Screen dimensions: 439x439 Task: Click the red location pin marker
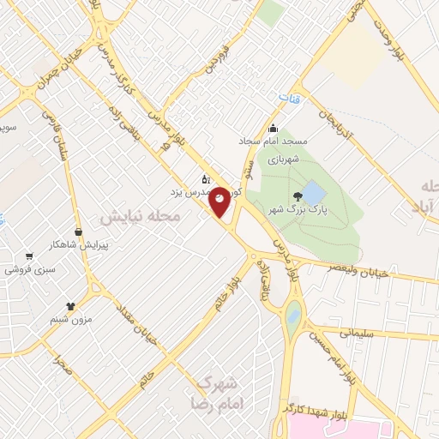(x=220, y=201)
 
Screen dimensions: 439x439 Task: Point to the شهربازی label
(x=281, y=159)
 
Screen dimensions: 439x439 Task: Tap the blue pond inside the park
(x=314, y=191)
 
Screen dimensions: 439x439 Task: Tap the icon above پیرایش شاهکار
(x=79, y=231)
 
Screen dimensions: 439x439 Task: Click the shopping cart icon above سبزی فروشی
(x=29, y=256)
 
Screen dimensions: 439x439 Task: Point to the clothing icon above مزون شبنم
(x=70, y=305)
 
